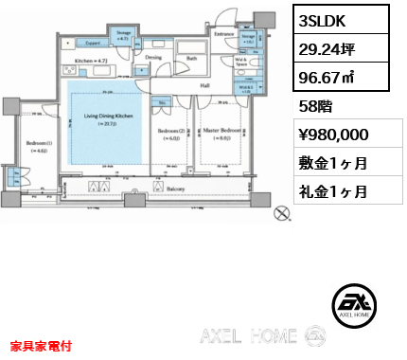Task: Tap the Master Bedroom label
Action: click(x=221, y=130)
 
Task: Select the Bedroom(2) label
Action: click(x=169, y=131)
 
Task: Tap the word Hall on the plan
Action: click(x=204, y=84)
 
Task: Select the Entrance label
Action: click(x=223, y=34)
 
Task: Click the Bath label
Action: click(x=192, y=57)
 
